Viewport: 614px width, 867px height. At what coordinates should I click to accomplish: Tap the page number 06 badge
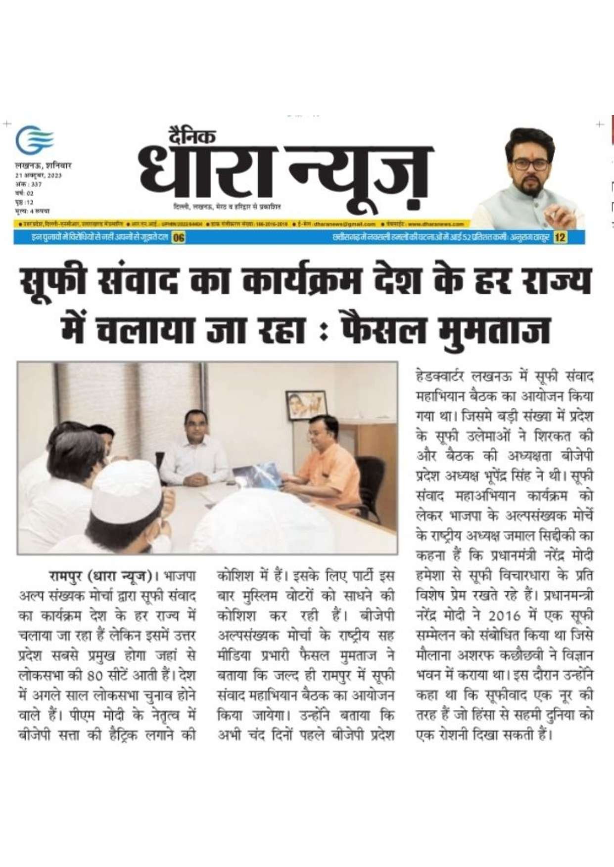coord(178,238)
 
